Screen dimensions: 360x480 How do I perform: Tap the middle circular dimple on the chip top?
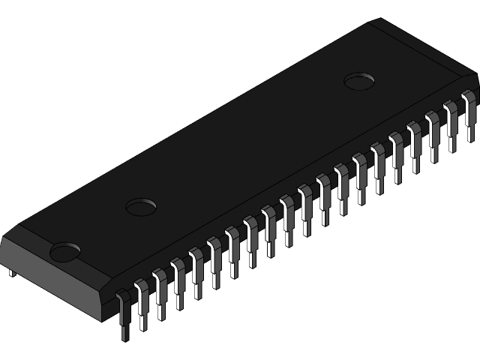coord(141,205)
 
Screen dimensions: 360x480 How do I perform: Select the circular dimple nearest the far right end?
coord(360,79)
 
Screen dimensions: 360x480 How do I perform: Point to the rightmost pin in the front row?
coord(470,109)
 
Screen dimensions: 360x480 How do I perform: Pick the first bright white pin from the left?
coord(140,300)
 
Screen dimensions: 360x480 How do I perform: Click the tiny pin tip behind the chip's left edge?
coord(10,273)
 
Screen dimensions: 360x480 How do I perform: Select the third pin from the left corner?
coord(159,292)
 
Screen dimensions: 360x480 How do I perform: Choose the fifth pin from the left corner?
coord(196,270)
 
